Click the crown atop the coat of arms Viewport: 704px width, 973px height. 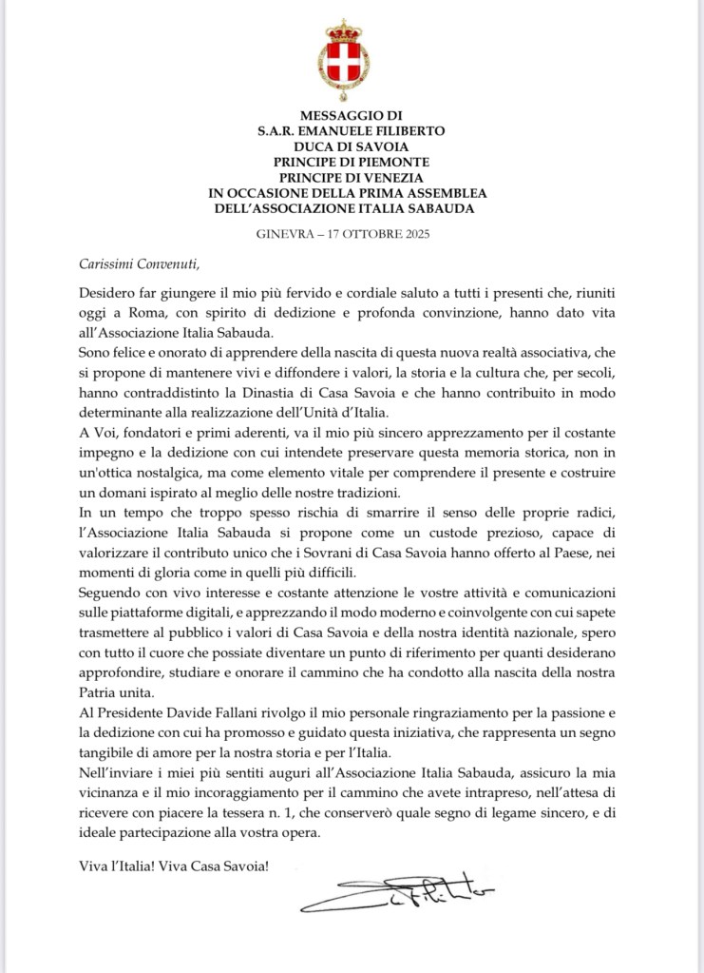[344, 29]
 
